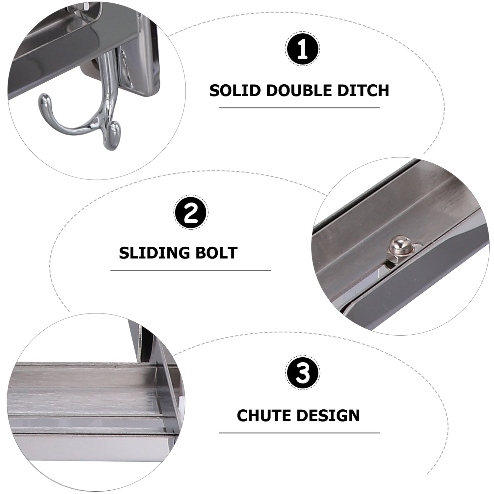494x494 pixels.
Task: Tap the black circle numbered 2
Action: (x=191, y=213)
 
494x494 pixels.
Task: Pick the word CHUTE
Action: (x=263, y=415)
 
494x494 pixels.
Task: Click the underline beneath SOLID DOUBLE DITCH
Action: (x=299, y=108)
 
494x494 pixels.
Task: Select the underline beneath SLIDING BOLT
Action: (x=191, y=270)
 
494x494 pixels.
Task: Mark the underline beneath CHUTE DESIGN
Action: (x=299, y=432)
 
